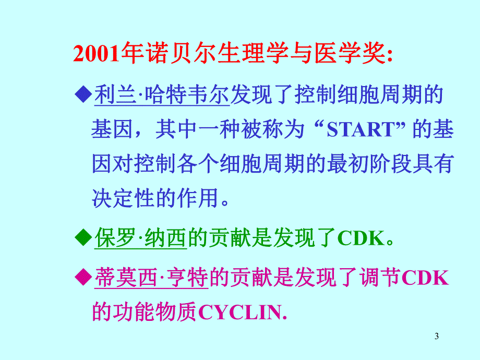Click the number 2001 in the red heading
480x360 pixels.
[97, 54]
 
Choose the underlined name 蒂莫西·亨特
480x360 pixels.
[151, 278]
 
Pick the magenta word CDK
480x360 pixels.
[425, 278]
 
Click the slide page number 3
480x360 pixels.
[436, 337]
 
